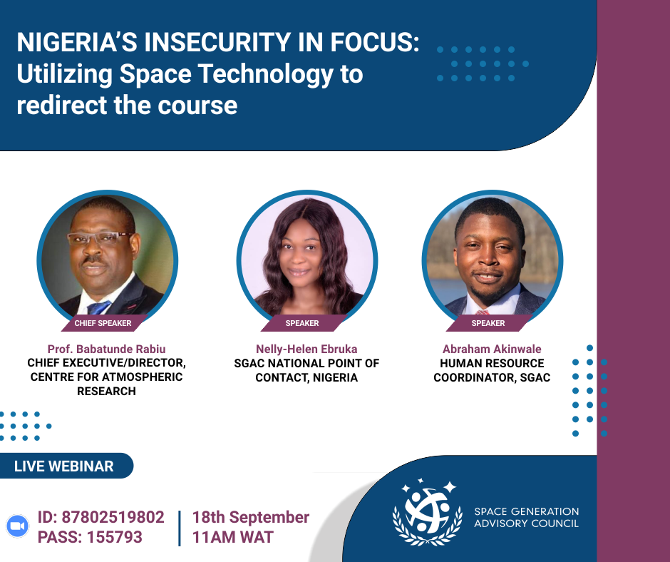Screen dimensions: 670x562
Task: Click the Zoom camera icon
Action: click(18, 526)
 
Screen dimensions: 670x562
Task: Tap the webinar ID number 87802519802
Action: click(113, 517)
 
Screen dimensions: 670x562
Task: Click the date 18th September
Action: click(251, 518)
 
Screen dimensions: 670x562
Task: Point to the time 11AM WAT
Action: click(233, 537)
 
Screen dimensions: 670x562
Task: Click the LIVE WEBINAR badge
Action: click(64, 466)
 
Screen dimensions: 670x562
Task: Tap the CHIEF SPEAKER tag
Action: click(103, 323)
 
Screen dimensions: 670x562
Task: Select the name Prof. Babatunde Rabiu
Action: click(106, 349)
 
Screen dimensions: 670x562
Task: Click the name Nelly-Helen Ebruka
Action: click(306, 349)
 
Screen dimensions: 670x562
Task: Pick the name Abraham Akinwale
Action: click(492, 349)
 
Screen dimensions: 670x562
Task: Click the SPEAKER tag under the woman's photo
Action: click(302, 323)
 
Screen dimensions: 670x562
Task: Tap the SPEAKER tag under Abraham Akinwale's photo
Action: click(488, 323)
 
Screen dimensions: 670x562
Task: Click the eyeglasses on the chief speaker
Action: click(100, 237)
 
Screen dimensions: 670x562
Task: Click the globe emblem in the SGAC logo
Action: click(427, 511)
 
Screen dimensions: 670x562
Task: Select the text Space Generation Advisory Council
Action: click(527, 518)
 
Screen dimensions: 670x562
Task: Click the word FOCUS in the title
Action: click(374, 42)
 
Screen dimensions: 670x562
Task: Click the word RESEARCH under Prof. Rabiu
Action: click(106, 392)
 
